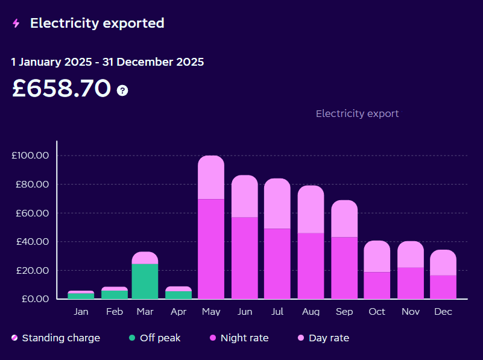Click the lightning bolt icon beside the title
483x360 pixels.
click(16, 24)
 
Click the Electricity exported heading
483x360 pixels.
click(97, 24)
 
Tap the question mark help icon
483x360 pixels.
click(122, 90)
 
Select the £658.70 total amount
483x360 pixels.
click(62, 89)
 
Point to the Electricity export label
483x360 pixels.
click(357, 113)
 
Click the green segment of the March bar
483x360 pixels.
click(145, 281)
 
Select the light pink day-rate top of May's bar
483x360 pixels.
click(211, 177)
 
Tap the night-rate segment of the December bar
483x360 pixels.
click(443, 287)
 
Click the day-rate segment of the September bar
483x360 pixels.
click(344, 218)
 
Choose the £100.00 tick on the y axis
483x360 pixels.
click(30, 156)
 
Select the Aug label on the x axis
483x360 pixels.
click(311, 312)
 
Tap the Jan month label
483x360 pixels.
click(81, 312)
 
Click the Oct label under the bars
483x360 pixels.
click(377, 312)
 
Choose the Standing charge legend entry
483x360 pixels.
click(55, 338)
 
